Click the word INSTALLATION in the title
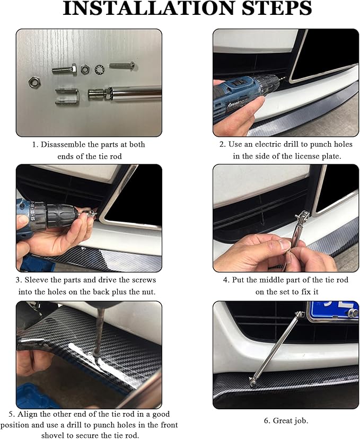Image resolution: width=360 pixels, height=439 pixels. pos(148,8)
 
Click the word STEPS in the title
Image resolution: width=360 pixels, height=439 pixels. pos(277,8)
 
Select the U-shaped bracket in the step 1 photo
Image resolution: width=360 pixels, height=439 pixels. pos(67,96)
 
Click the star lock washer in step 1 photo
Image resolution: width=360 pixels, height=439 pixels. pos(99,68)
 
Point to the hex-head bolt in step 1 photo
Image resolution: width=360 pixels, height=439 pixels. pos(64,69)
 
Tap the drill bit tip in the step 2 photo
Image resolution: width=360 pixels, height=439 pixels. pos(284,78)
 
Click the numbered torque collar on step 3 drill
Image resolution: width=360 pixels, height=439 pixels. pos(35,214)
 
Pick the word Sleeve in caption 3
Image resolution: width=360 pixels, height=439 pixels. pos(34,280)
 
